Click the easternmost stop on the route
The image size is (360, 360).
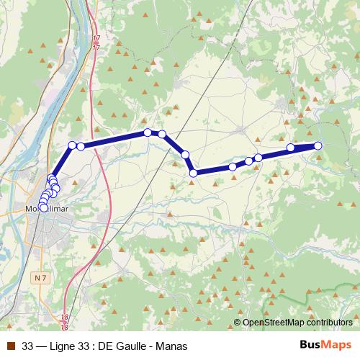point(318,145)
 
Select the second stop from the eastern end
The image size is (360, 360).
point(291,148)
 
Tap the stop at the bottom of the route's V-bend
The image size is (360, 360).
point(193,172)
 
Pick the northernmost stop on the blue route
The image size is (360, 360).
point(148,132)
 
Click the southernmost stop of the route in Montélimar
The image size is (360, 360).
point(43,208)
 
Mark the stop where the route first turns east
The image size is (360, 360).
point(72,145)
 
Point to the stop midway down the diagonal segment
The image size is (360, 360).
point(185,154)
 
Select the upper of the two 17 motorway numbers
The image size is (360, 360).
point(96,37)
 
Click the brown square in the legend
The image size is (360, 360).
point(10,346)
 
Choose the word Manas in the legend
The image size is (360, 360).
point(171,346)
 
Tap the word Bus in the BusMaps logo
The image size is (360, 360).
point(309,346)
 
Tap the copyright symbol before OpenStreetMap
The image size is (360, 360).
point(238,323)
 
